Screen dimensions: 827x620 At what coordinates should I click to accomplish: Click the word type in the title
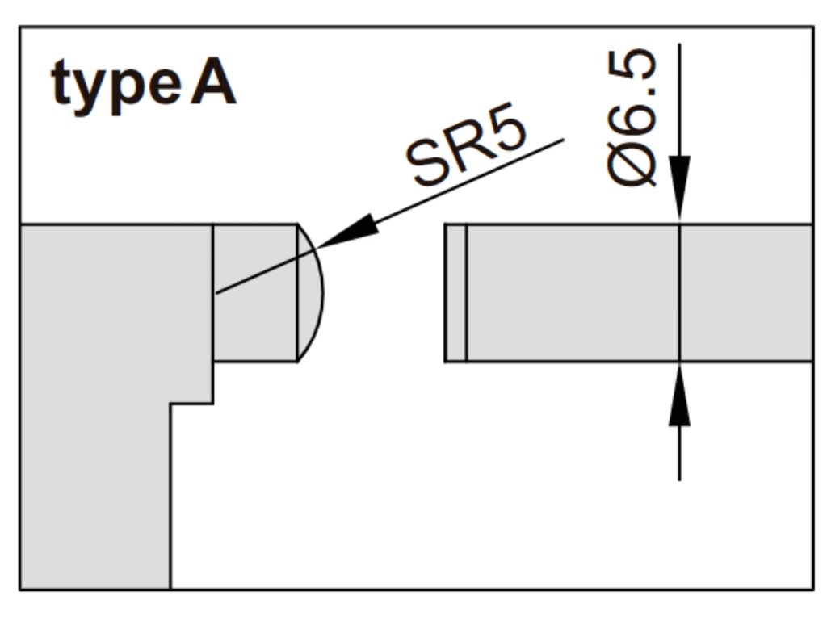point(116,86)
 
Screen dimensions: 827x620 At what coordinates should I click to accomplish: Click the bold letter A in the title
point(213,83)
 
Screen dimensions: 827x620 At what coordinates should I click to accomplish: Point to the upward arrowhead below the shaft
point(679,394)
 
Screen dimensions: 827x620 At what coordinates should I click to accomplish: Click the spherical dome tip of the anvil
point(311,293)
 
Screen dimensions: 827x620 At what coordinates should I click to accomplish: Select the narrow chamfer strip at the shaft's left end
point(455,293)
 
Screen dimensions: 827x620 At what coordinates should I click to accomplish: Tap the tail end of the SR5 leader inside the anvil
point(216,292)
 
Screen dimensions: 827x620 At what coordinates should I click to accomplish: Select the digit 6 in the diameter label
point(632,121)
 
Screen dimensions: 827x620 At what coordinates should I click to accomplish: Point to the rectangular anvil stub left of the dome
point(255,293)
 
